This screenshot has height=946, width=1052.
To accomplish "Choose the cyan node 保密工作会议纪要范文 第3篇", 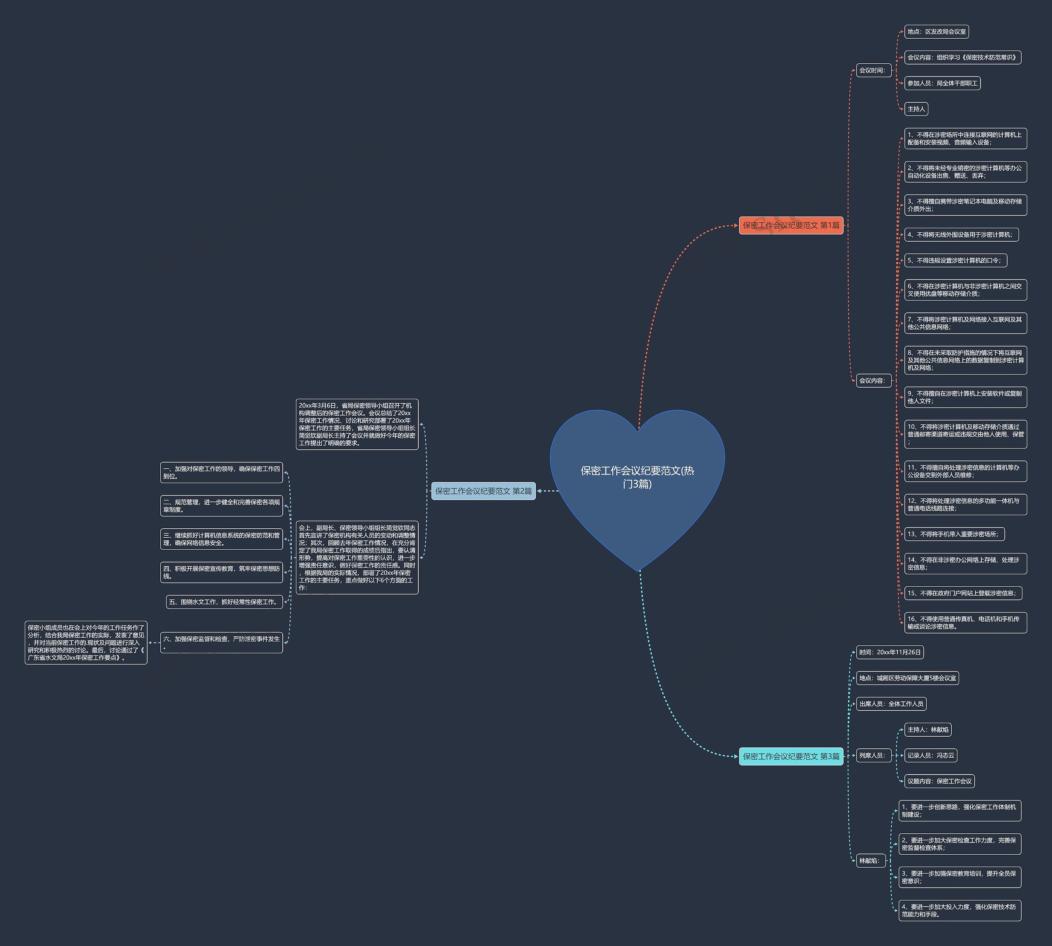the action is coord(791,756).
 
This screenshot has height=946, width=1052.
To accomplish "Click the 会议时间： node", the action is coord(874,70).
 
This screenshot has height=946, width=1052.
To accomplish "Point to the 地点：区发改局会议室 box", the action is coord(937,32).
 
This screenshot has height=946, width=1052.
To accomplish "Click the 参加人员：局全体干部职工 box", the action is coord(942,83).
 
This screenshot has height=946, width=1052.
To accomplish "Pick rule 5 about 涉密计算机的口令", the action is coord(956,260).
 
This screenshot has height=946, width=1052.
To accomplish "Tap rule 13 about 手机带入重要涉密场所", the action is coord(954,534).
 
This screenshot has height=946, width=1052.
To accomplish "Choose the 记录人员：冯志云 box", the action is coord(931,755).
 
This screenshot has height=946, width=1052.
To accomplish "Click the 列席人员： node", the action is coord(874,755).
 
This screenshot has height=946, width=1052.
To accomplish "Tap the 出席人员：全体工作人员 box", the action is coord(891,704).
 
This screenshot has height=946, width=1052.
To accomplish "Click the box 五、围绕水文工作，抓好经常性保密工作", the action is coord(224,602).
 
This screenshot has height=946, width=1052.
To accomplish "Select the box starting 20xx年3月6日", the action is coord(357,424).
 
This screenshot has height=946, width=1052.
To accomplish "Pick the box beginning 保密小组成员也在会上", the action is coord(86,643).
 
